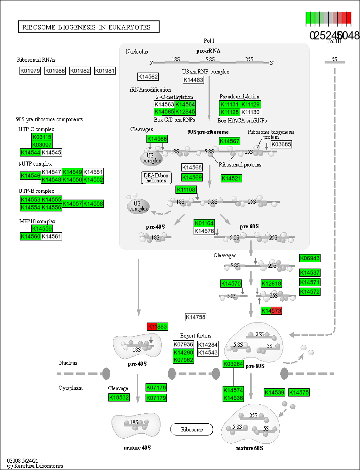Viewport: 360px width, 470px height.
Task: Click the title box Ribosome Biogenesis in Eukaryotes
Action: (89, 27)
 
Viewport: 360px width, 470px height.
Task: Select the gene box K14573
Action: (272, 311)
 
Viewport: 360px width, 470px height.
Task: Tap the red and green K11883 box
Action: (157, 327)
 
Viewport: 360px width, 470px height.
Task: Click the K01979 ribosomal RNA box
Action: (30, 71)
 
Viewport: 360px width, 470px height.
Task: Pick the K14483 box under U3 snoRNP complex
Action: (193, 80)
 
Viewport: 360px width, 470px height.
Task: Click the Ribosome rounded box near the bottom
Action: (192, 429)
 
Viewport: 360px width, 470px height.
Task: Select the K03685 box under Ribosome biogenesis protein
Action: (281, 144)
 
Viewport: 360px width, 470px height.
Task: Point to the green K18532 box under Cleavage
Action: (119, 397)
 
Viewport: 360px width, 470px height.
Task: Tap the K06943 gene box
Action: (310, 258)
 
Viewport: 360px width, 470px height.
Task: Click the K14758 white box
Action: (195, 317)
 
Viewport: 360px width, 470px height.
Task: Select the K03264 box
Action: (233, 364)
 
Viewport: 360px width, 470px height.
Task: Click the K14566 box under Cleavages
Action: (157, 139)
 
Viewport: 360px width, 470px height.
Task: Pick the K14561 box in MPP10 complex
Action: (52, 236)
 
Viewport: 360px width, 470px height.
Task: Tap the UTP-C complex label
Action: (36, 129)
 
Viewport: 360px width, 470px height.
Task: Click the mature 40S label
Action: (137, 448)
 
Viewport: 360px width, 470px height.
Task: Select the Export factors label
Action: (195, 336)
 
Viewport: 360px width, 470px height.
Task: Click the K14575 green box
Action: (299, 392)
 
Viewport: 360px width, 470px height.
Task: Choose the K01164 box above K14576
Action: (204, 223)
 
